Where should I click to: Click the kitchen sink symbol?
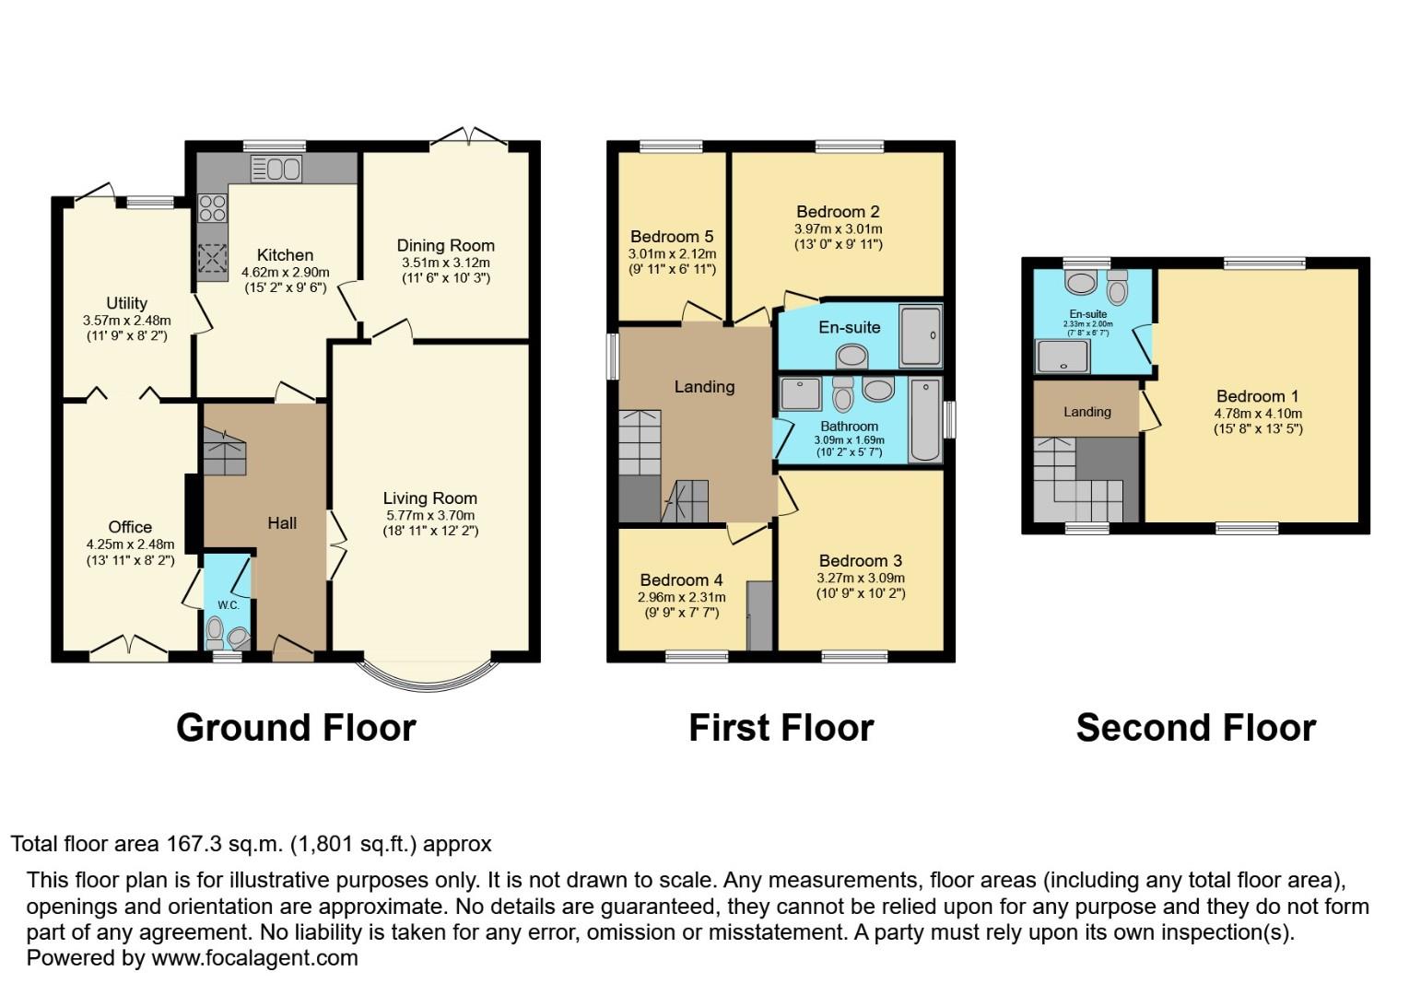pos(276,169)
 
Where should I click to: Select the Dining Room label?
pos(445,245)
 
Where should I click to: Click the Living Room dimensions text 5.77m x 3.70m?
pos(429,515)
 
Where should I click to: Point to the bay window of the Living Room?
pos(429,677)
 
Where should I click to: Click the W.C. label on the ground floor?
pos(228,605)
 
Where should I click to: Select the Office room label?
pos(130,527)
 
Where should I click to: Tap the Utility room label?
pos(126,303)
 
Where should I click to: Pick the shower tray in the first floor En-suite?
pos(921,335)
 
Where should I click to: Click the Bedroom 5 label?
pos(672,237)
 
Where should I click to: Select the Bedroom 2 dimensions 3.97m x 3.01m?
pos(838,228)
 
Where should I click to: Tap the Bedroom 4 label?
pos(681,580)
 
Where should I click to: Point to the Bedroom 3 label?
pos(860,561)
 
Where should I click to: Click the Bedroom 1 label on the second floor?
pos(1257,396)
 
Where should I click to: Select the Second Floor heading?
pos(1195,728)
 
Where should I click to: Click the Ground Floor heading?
pos(296,728)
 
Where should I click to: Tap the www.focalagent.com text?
pos(254,958)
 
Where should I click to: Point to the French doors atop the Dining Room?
pos(469,138)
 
